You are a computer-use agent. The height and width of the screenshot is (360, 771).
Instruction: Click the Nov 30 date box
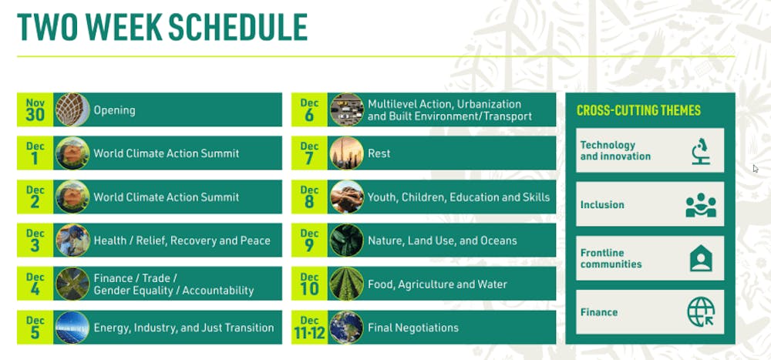(35, 109)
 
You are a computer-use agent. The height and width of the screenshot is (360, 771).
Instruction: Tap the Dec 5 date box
(35, 327)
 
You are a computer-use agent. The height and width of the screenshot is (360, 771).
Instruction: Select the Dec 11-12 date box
(309, 327)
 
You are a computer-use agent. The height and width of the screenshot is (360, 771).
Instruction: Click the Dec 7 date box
(309, 153)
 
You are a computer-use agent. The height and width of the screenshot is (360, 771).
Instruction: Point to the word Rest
(379, 153)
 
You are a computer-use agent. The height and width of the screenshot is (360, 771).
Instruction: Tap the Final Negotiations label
(413, 328)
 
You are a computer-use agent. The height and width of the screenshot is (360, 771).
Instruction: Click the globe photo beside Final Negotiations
(347, 328)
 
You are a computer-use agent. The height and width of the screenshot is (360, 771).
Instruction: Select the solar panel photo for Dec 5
(72, 328)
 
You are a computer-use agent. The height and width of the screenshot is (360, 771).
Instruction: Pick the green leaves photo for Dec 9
(347, 241)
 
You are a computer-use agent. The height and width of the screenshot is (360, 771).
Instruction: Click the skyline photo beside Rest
(347, 153)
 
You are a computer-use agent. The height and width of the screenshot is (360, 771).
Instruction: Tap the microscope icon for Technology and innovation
(701, 151)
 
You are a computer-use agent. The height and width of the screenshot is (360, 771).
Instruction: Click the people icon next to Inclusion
(701, 205)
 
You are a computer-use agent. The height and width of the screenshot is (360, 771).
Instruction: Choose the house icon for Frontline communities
(701, 259)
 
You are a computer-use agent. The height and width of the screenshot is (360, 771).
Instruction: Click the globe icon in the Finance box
(701, 312)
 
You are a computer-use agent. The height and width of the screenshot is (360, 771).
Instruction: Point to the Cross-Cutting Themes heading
(638, 110)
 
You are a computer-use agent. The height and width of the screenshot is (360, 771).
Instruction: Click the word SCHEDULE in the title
(238, 27)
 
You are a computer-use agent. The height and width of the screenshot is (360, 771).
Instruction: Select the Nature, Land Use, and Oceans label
(442, 241)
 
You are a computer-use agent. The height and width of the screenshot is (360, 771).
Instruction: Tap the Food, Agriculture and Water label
(437, 284)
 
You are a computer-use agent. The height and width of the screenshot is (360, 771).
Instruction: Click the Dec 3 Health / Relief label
(182, 241)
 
